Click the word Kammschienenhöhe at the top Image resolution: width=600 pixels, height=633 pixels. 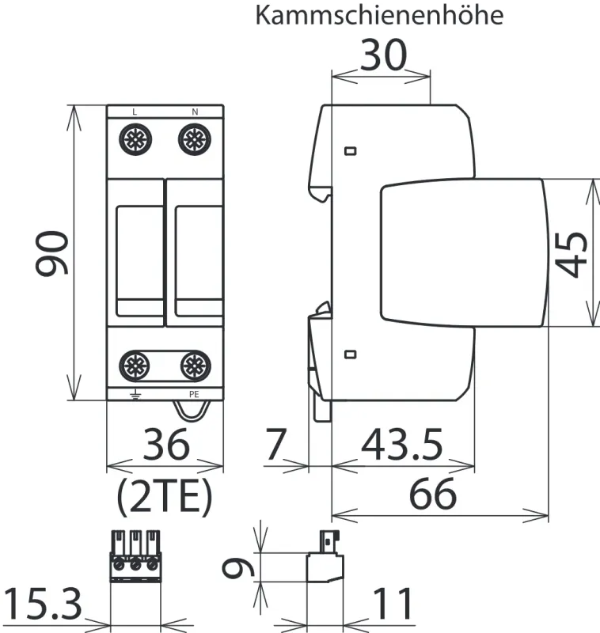coord(379,17)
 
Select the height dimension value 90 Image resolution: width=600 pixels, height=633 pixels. coord(51,253)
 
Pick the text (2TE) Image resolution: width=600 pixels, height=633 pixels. coord(165,496)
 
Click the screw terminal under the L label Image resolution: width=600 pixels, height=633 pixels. coord(134,140)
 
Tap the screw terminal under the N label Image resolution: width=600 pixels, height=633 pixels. coord(194,140)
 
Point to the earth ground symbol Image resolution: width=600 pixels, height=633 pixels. coord(134,393)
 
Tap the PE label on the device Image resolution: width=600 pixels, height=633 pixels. coord(194,393)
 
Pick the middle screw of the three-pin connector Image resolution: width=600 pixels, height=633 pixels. coord(135,565)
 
